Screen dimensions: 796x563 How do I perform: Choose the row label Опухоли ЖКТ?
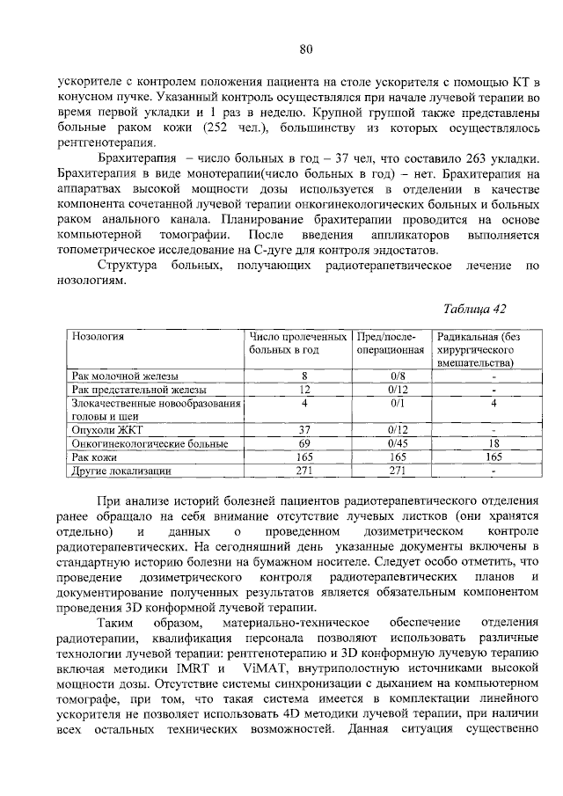coord(105,429)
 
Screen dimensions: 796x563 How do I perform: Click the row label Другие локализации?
coord(121,471)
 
